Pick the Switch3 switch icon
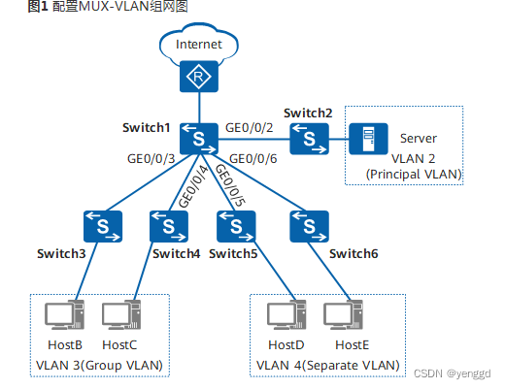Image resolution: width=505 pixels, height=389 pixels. pyautogui.click(x=102, y=226)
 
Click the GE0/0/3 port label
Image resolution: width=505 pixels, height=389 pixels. pyautogui.click(x=151, y=157)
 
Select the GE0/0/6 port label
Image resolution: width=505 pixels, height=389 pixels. pyautogui.click(x=252, y=157)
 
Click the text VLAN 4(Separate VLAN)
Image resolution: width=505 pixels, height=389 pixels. pyautogui.click(x=327, y=365)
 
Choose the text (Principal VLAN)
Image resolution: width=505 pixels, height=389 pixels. pyautogui.click(x=414, y=174)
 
